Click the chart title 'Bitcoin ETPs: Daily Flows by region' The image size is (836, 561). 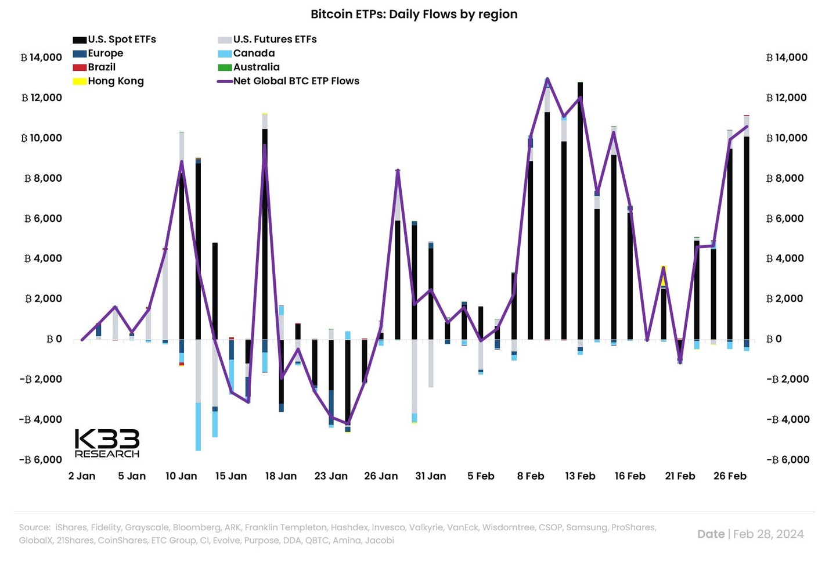(414, 14)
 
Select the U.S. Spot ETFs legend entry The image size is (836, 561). (115, 39)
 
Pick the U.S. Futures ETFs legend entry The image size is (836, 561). (268, 39)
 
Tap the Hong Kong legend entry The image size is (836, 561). (109, 81)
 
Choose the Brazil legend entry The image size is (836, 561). (95, 67)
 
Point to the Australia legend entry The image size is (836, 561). (249, 67)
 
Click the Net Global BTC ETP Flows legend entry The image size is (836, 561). (289, 81)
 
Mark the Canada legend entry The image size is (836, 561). (247, 53)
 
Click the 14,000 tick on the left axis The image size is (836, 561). (41, 57)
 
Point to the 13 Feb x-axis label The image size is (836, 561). (580, 476)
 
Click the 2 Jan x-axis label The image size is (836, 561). (82, 476)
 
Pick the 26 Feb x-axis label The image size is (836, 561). (730, 476)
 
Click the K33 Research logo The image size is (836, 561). (107, 444)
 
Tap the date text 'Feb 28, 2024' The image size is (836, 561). (768, 534)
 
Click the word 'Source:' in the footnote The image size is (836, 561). (35, 527)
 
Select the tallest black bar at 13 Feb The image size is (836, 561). (580, 209)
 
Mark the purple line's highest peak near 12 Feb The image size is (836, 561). (547, 79)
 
